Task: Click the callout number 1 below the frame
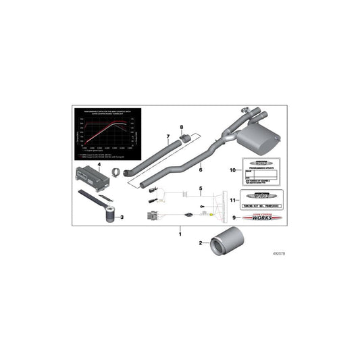click(x=180, y=234)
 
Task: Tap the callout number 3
click(x=122, y=217)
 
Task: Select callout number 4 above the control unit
click(x=99, y=164)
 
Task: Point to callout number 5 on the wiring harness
click(x=200, y=186)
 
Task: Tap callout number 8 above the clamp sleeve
click(x=181, y=127)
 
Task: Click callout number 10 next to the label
click(x=231, y=170)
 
